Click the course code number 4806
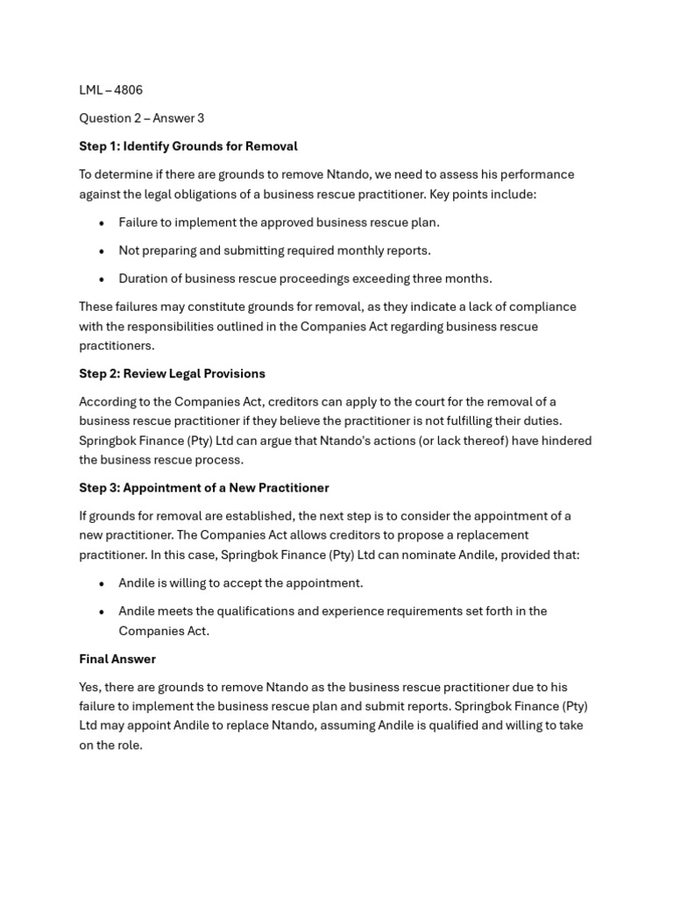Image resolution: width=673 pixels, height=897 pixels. point(128,90)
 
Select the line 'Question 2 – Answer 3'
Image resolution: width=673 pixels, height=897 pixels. point(141,118)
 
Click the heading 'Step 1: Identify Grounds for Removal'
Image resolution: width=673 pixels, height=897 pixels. point(188,146)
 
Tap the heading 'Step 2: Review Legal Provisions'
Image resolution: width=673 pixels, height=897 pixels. point(172,373)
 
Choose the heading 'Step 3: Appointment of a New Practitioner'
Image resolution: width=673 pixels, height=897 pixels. point(203,488)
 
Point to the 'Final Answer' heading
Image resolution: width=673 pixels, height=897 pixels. point(117,659)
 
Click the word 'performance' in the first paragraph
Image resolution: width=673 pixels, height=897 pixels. point(538,174)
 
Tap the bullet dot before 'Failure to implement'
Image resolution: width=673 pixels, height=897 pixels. point(103,223)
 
